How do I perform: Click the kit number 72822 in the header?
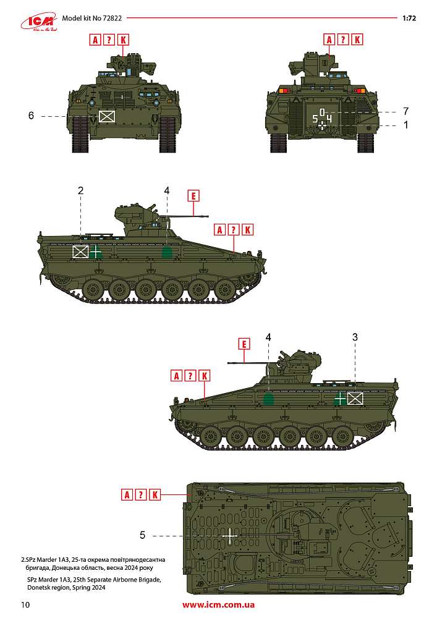click(x=112, y=18)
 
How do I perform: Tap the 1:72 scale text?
click(x=409, y=18)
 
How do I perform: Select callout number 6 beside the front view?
click(x=31, y=116)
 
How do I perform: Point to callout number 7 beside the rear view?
click(x=406, y=111)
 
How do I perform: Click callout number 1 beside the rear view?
click(x=406, y=125)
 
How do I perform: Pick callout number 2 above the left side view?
click(x=81, y=191)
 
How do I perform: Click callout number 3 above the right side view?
click(x=355, y=337)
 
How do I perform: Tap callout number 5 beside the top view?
click(x=143, y=535)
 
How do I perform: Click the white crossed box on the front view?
click(x=107, y=116)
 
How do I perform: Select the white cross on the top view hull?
click(x=230, y=536)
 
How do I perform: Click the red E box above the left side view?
click(x=193, y=196)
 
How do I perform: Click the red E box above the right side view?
click(x=244, y=344)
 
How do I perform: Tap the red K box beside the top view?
click(x=155, y=494)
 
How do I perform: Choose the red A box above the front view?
click(x=95, y=40)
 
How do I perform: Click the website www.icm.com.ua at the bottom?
click(x=218, y=604)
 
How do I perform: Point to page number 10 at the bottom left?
click(x=25, y=604)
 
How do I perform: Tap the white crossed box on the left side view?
click(x=80, y=252)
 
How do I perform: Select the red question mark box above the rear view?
click(x=343, y=40)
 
